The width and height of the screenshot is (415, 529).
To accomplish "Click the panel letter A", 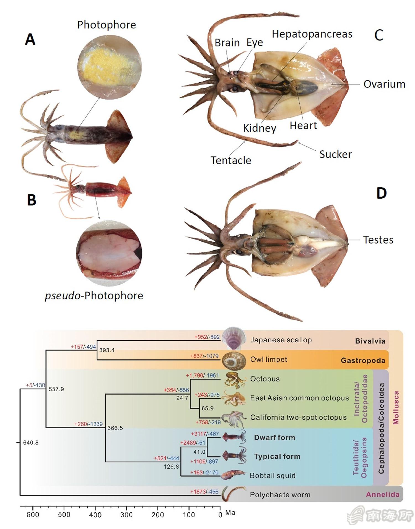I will (30, 39).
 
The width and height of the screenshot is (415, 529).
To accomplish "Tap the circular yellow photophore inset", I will (109, 67).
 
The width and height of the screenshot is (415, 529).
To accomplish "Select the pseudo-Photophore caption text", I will (94, 296).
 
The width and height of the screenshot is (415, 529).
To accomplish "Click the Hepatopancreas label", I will (312, 34).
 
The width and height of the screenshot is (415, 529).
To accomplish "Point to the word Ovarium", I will (384, 84).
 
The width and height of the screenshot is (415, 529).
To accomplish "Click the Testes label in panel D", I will (378, 240).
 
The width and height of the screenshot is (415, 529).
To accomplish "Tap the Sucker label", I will (335, 154).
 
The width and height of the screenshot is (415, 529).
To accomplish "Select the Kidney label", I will (259, 128).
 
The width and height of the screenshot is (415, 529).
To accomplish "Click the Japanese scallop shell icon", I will (234, 338).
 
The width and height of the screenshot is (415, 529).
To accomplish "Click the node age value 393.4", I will (107, 350).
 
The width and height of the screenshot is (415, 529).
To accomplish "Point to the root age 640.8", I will (31, 443).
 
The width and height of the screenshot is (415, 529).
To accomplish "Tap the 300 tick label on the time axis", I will (126, 515).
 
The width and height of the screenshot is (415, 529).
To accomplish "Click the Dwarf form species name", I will (274, 438).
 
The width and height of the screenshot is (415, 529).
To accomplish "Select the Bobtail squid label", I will (273, 476).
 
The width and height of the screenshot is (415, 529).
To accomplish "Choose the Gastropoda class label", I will (363, 360).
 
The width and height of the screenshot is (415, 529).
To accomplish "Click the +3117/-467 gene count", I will (205, 434).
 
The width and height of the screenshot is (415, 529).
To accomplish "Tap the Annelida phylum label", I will (382, 494).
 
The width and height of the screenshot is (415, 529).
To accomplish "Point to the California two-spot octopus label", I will (298, 417).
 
